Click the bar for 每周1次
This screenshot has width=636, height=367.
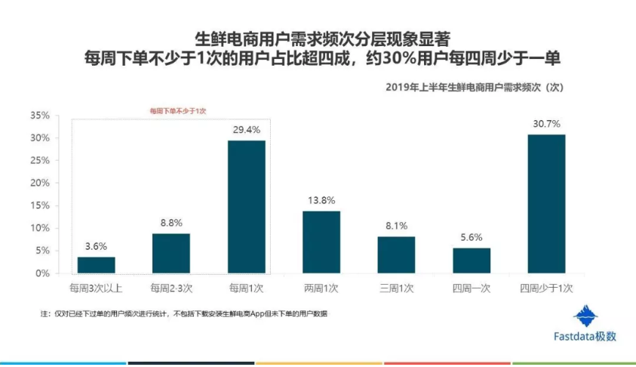pos(247,206)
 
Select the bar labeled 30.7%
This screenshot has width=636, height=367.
pos(546,203)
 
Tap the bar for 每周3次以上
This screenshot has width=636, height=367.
pos(97,264)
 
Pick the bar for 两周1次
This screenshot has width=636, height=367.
pos(321,242)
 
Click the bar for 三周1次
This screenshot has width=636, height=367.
pos(396,254)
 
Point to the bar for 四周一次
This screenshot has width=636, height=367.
pos(472,260)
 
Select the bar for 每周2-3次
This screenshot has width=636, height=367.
pos(171,253)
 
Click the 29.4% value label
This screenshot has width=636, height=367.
pos(247,130)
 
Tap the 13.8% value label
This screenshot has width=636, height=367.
pos(321,200)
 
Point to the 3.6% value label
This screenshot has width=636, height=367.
pos(97,246)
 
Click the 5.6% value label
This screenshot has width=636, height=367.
pos(472,237)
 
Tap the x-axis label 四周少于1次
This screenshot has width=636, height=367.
pos(546,288)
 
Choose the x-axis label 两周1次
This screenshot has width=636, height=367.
pos(321,288)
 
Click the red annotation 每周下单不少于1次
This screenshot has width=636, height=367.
pos(177,111)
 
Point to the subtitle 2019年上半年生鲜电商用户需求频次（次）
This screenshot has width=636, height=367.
pos(475,87)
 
